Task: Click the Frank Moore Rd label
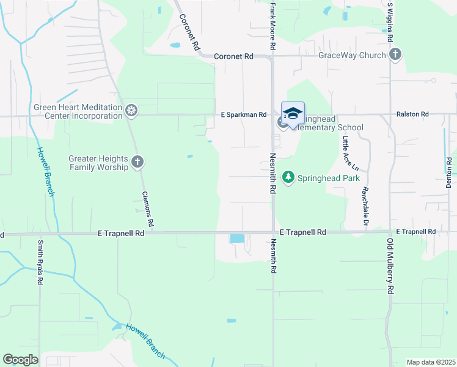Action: tap(272, 26)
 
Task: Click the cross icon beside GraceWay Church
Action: tap(395, 55)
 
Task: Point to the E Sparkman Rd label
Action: tap(244, 115)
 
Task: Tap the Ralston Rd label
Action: tap(412, 114)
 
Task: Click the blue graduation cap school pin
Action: tap(293, 114)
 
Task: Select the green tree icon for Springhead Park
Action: tap(288, 178)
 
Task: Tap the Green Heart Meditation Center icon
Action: tap(131, 111)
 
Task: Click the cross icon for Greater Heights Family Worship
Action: tap(137, 162)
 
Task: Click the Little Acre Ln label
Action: tap(346, 154)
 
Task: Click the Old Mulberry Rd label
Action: tap(389, 266)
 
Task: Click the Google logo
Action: tap(20, 360)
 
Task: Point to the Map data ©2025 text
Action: tap(431, 362)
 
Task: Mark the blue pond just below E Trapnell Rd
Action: tap(236, 239)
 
